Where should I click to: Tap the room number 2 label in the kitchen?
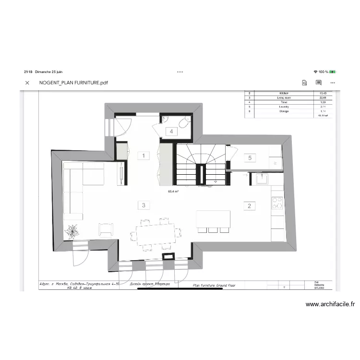(249, 206)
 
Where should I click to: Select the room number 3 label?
(143, 205)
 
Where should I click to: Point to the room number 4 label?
(170, 131)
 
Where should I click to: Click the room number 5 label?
(249, 157)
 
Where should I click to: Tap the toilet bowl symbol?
(183, 124)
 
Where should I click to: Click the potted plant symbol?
(72, 232)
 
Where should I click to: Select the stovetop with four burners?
(277, 203)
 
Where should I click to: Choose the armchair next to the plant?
(106, 229)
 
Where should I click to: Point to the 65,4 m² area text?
(173, 191)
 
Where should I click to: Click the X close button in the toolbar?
(27, 83)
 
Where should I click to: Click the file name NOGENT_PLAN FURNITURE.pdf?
(73, 83)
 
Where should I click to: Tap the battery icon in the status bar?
(333, 72)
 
